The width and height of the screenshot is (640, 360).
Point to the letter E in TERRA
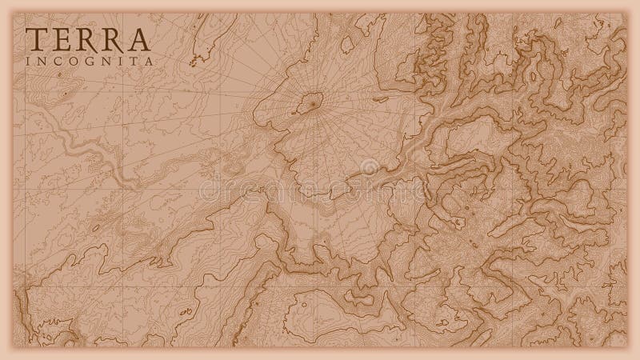pyautogui.click(x=61, y=37)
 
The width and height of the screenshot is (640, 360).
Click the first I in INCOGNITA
pyautogui.click(x=30, y=61)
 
